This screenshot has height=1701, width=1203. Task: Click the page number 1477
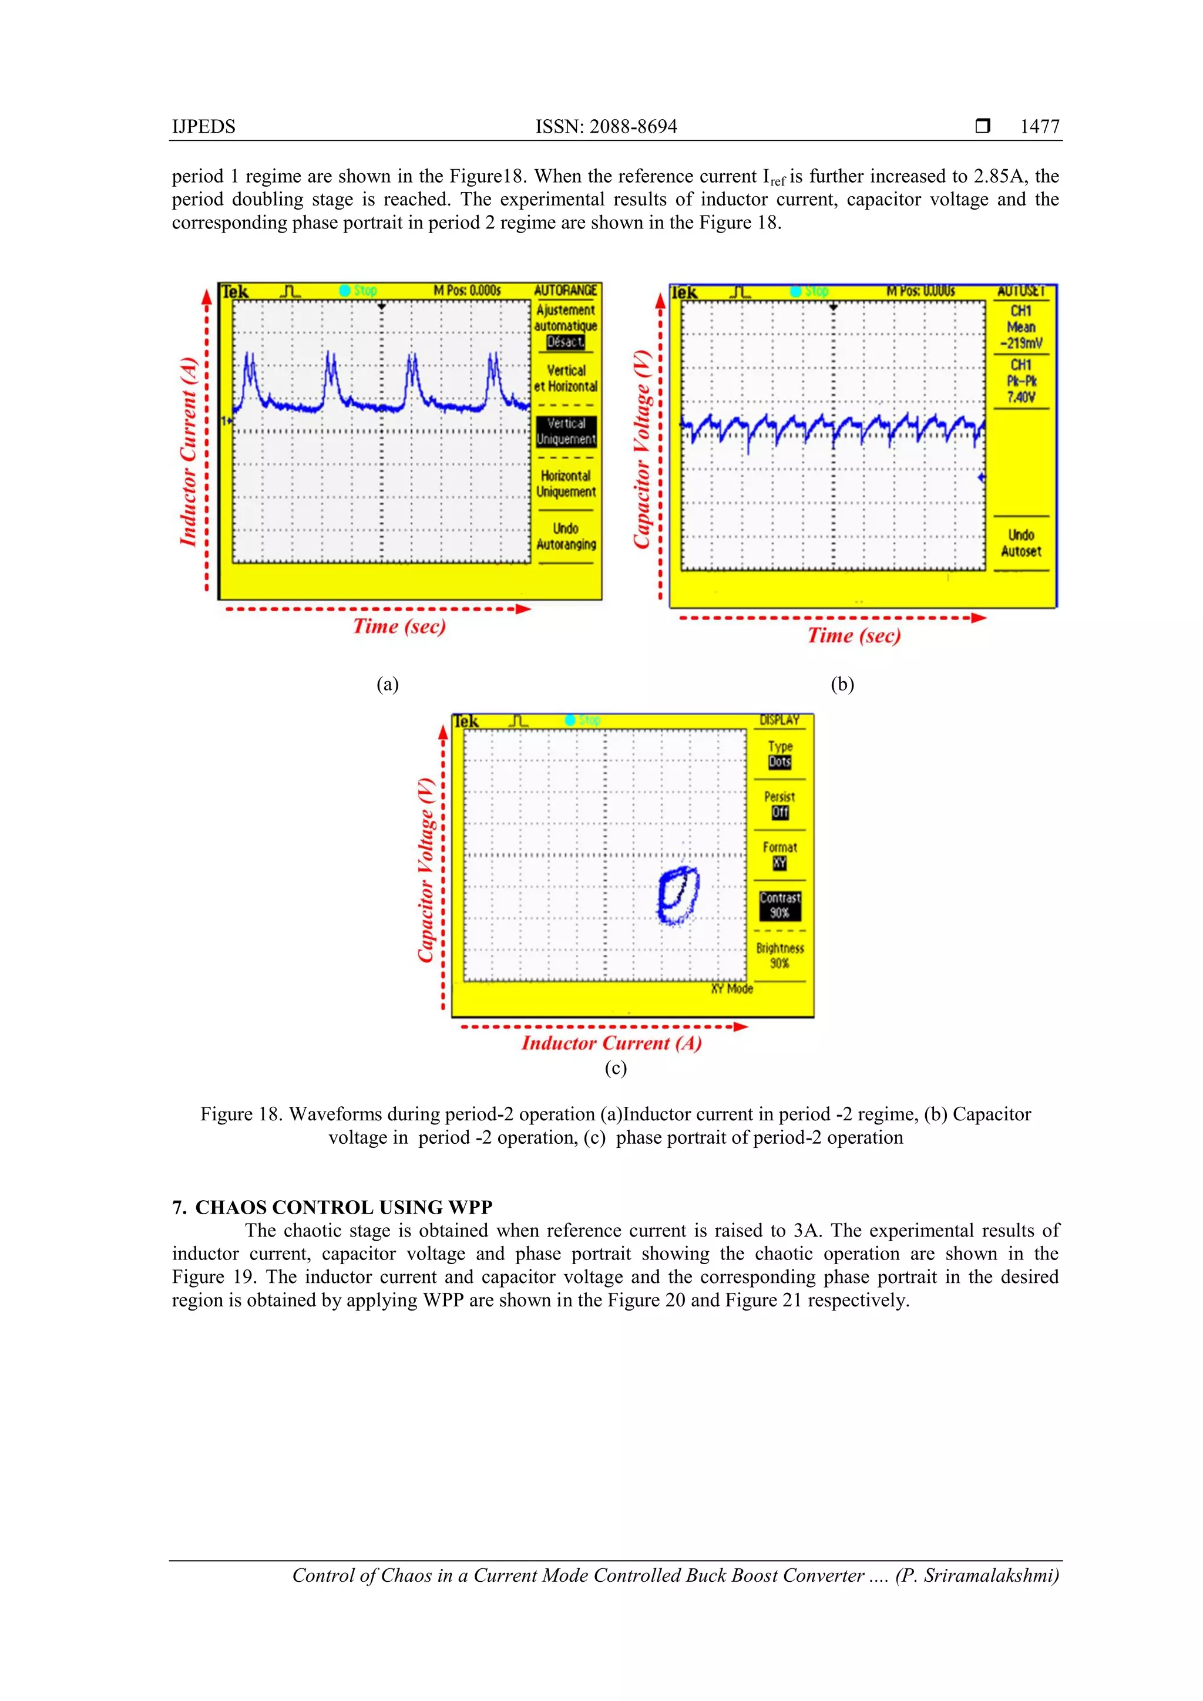pos(1039,127)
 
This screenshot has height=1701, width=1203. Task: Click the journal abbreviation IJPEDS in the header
pos(203,127)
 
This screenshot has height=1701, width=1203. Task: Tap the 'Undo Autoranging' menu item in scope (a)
pos(566,537)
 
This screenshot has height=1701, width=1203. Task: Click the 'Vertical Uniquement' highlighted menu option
pos(566,431)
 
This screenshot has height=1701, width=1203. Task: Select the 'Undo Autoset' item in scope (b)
pos(1021,543)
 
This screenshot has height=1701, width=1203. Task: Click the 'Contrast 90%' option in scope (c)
pos(779,905)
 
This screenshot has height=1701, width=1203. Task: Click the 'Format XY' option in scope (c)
pos(779,854)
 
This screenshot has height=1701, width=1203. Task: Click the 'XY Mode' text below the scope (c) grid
pos(731,988)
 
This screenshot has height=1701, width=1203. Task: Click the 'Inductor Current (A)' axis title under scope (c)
pos(611,1043)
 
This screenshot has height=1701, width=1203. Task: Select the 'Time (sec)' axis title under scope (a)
pos(399,626)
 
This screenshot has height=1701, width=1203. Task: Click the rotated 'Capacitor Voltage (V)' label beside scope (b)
pos(641,449)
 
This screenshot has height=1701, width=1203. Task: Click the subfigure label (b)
pos(842,684)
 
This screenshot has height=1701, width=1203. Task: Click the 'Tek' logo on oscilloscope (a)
pos(235,292)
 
